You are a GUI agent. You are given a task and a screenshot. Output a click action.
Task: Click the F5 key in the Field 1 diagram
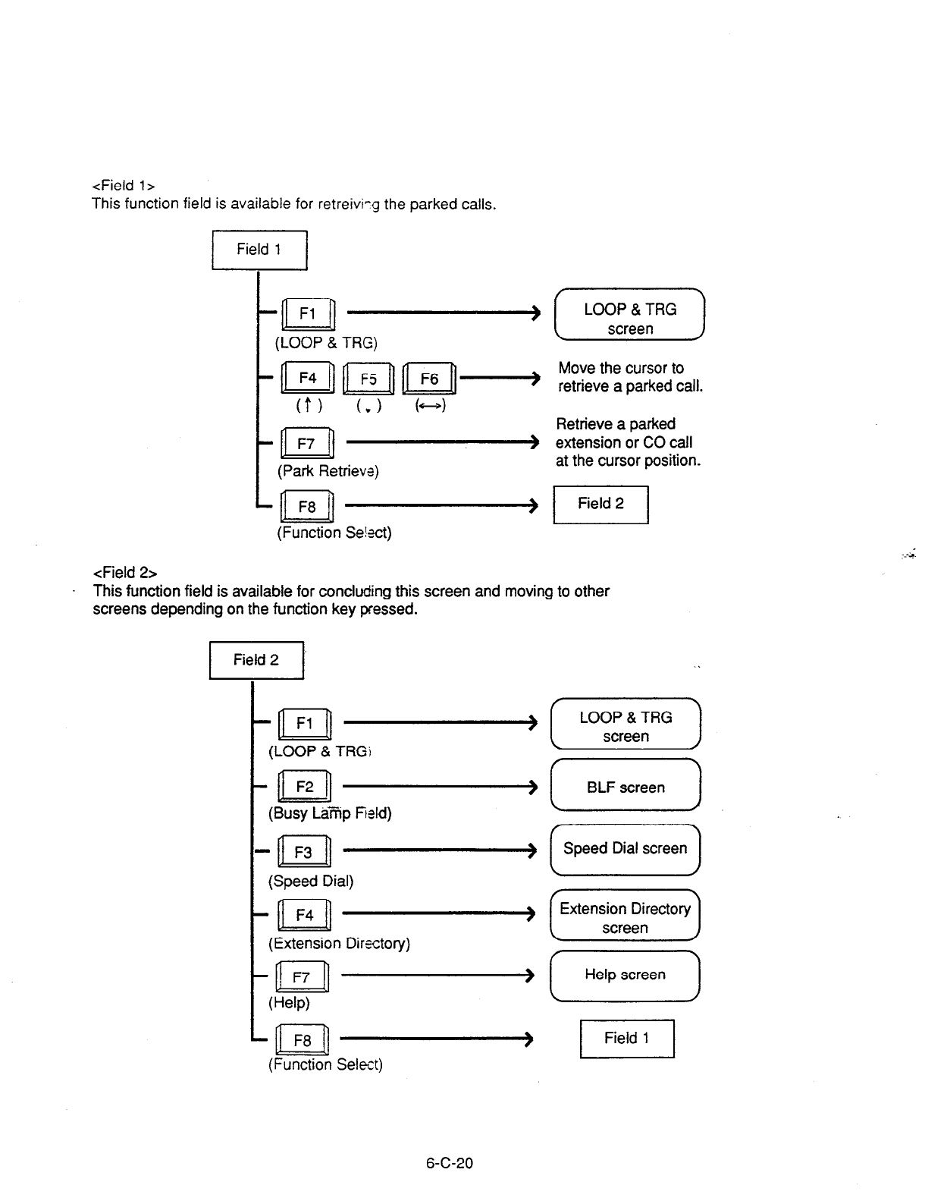click(x=368, y=379)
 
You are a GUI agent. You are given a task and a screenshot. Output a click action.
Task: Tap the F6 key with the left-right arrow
click(x=429, y=379)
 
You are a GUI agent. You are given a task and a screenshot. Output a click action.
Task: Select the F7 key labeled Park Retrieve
click(x=306, y=444)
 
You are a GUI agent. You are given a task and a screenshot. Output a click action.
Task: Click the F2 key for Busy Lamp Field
click(x=304, y=787)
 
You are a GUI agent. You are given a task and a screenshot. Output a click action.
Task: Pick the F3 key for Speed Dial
click(x=303, y=852)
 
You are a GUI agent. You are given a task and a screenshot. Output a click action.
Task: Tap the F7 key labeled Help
click(x=302, y=977)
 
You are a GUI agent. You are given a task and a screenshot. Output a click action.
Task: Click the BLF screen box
click(x=626, y=787)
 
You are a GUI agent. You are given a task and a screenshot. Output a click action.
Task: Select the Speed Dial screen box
click(x=626, y=849)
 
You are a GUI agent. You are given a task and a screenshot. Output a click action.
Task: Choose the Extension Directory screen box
click(x=626, y=916)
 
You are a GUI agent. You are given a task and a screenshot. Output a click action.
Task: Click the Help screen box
click(x=626, y=975)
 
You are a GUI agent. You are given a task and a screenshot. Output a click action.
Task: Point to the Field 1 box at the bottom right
click(x=627, y=1038)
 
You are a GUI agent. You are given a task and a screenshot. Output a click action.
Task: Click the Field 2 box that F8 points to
click(x=600, y=504)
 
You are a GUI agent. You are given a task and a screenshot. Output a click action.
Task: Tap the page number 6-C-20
click(x=450, y=1163)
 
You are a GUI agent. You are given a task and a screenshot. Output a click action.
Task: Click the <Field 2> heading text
click(x=124, y=572)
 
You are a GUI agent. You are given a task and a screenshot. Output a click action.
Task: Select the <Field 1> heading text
click(x=124, y=185)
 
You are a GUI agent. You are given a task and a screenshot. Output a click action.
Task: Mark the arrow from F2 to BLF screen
click(x=441, y=787)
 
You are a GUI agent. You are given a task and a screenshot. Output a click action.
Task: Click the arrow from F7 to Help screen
click(x=439, y=975)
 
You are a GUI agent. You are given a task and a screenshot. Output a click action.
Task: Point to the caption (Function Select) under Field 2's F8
click(x=325, y=1064)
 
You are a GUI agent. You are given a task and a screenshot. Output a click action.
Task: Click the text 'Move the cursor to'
click(x=621, y=368)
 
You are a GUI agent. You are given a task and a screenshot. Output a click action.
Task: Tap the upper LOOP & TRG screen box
click(x=630, y=318)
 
